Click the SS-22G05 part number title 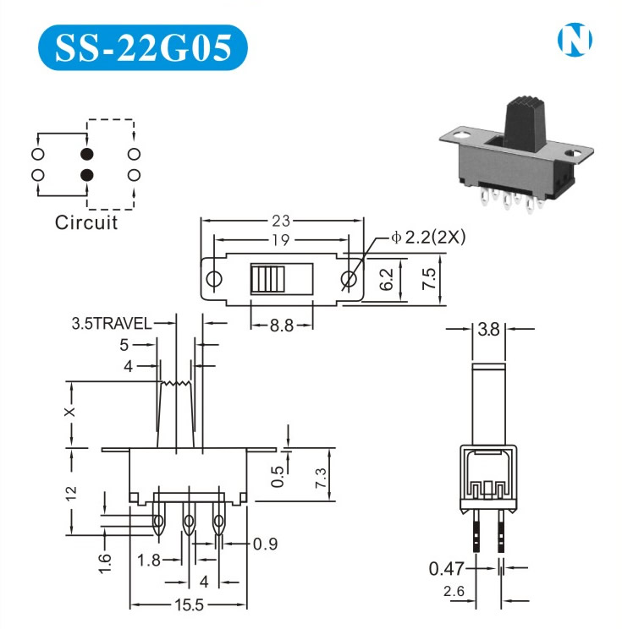142,47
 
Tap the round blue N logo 575,40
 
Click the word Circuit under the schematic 86,222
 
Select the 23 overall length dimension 281,221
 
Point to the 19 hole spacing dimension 281,240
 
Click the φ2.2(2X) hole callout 428,238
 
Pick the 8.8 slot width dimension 282,325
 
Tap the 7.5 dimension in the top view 429,279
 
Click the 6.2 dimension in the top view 386,279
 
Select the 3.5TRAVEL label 112,323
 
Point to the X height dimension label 70,412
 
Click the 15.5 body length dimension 189,604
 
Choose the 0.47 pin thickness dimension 446,568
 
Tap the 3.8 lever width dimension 488,330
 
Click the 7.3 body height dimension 322,478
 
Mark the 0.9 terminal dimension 265,544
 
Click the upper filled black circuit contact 87,154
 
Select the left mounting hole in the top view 213,279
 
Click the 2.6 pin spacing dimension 454,591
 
